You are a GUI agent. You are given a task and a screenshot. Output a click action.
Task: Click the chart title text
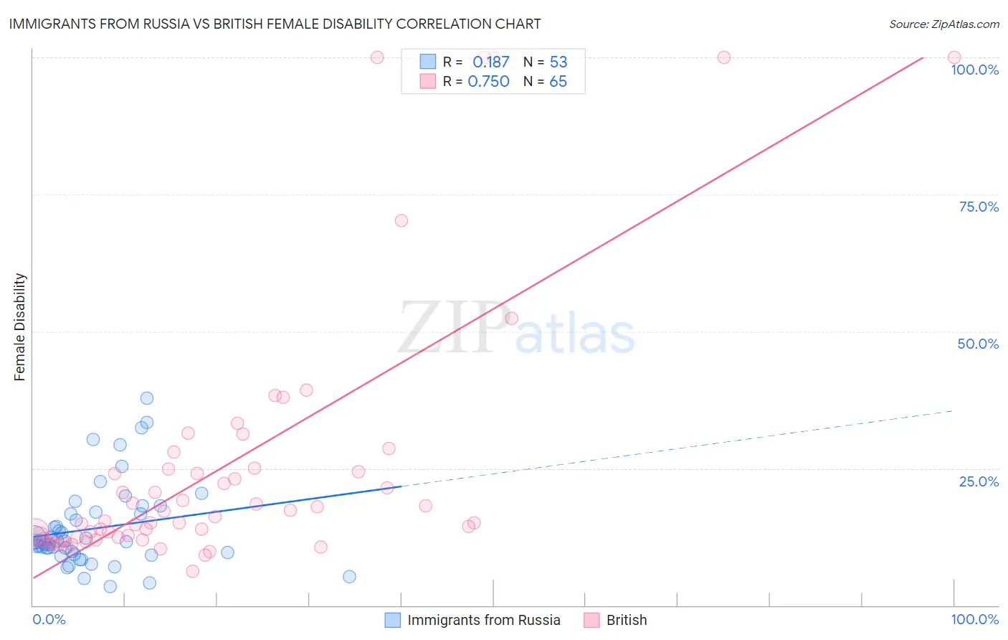[x=275, y=24]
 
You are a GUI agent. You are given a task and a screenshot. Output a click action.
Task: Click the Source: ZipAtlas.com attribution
[x=943, y=24]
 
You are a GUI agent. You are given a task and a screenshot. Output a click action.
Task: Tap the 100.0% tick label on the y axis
[x=974, y=70]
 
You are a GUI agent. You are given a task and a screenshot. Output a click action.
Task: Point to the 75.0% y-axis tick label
[x=979, y=207]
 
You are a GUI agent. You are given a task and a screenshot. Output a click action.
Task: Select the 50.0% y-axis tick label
[x=978, y=344]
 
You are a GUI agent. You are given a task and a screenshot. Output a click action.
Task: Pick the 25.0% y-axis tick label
[x=979, y=481]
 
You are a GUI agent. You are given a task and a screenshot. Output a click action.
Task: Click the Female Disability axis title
[x=20, y=327]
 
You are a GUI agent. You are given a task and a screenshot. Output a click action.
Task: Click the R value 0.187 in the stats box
[x=490, y=62]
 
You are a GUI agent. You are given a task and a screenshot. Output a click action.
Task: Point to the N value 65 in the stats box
[x=558, y=82]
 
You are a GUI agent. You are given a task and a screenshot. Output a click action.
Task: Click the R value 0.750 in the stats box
[x=488, y=82]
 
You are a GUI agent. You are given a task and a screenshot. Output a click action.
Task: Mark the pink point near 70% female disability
[x=401, y=220]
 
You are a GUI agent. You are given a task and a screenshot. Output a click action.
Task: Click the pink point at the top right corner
[x=954, y=57]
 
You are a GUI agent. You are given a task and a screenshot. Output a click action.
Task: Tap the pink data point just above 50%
[x=511, y=318]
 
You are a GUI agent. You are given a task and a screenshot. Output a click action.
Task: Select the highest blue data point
[x=147, y=398]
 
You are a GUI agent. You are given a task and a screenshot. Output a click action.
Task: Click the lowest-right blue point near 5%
[x=349, y=577]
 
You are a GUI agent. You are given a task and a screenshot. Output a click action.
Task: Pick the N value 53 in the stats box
[x=558, y=62]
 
